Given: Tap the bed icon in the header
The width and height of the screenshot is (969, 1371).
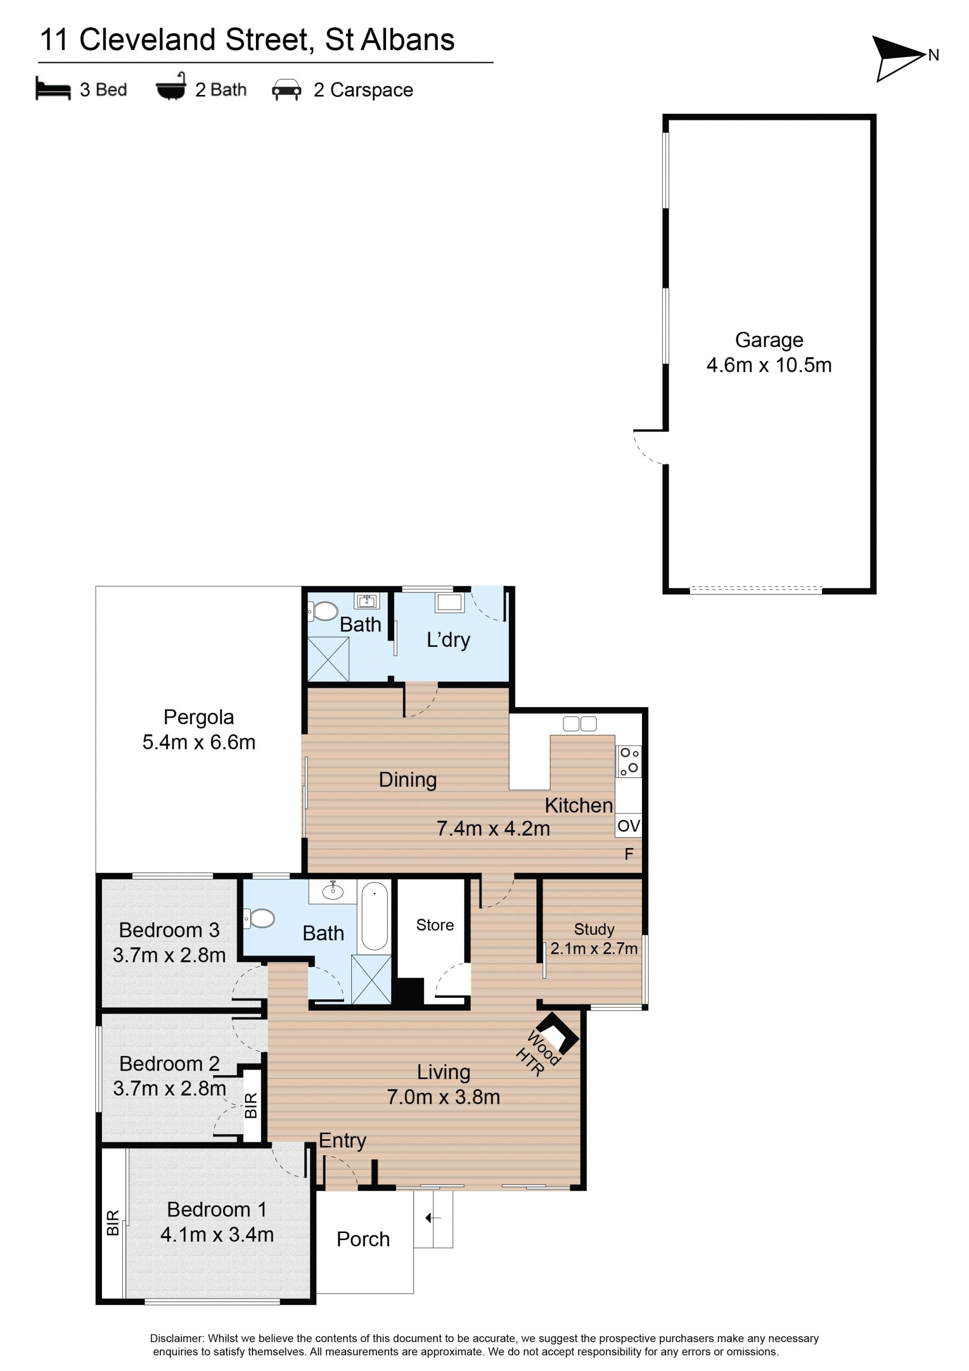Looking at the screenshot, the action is point(53,88).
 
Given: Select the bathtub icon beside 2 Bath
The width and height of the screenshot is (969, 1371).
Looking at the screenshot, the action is point(171,87).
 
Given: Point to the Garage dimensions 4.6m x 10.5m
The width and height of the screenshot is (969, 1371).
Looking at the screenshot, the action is point(769,365).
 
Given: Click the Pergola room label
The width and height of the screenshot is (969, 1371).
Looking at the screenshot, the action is point(199,717).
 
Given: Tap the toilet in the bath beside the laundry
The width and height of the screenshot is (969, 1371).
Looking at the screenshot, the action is point(323,611).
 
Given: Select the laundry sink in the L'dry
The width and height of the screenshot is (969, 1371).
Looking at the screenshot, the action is point(449,601).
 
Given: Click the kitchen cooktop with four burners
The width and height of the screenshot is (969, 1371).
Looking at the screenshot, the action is point(629,761).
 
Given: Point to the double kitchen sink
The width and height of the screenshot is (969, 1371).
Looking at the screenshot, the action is point(579,724).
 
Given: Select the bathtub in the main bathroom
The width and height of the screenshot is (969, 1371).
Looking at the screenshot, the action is point(374,916).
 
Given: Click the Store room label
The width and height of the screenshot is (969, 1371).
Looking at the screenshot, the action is point(435,925).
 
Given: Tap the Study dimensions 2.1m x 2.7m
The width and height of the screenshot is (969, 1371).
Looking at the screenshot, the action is point(594,948).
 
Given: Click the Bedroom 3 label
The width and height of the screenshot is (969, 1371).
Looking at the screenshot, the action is point(169,930).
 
